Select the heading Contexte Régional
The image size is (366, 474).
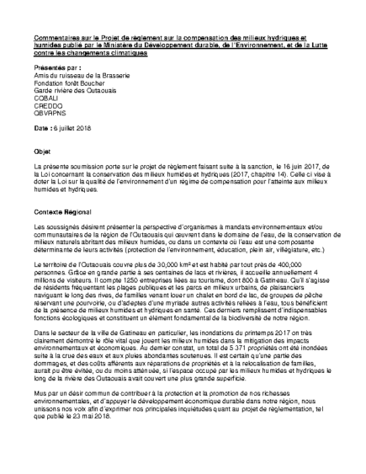click(62, 213)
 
